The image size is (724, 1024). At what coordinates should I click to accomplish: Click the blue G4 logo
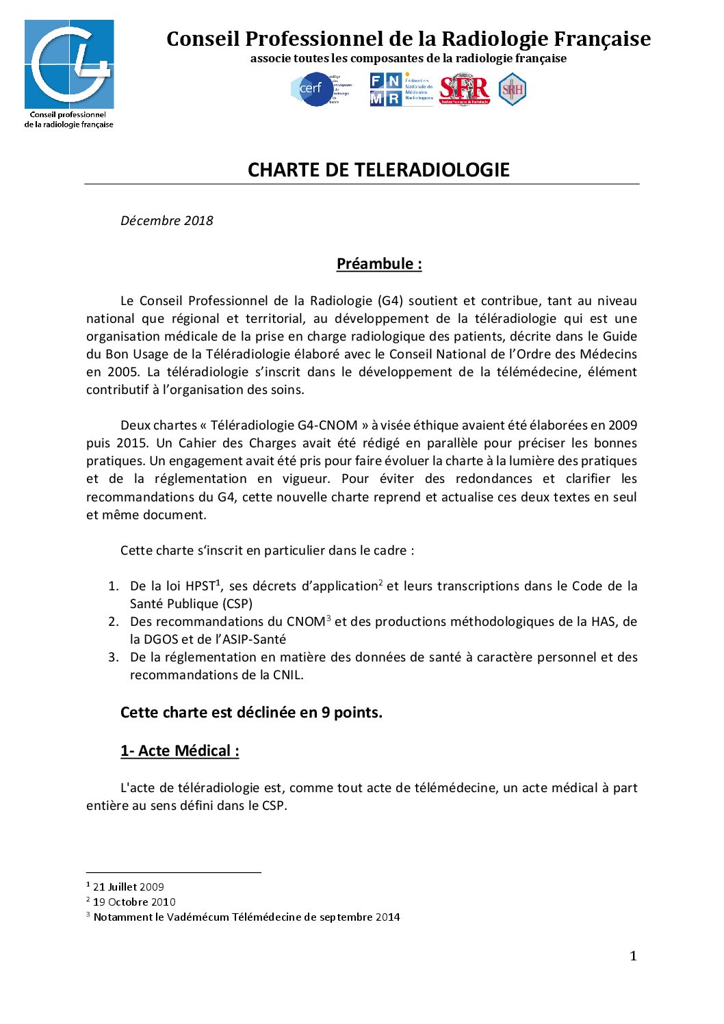click(69, 64)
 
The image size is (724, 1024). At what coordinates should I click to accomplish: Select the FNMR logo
click(401, 90)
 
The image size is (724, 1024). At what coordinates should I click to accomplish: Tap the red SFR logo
click(465, 90)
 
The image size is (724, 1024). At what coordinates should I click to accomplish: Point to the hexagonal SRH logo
click(512, 90)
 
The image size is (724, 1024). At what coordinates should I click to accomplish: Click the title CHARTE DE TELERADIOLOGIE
click(378, 170)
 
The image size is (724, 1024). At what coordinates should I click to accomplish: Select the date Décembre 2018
click(166, 220)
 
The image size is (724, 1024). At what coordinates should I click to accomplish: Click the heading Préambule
click(378, 263)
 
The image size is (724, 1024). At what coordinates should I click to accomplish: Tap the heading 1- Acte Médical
click(179, 750)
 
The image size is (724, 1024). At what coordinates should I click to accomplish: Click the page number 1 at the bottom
click(633, 956)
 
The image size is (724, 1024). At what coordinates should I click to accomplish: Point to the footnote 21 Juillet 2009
click(129, 887)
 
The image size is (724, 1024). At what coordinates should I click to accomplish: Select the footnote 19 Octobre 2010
click(134, 902)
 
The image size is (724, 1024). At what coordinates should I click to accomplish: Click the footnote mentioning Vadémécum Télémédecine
click(246, 917)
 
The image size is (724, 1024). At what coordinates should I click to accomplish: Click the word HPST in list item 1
click(200, 586)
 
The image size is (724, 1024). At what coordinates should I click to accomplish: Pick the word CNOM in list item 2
click(305, 622)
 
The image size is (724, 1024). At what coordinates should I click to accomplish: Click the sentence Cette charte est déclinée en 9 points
click(251, 712)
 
